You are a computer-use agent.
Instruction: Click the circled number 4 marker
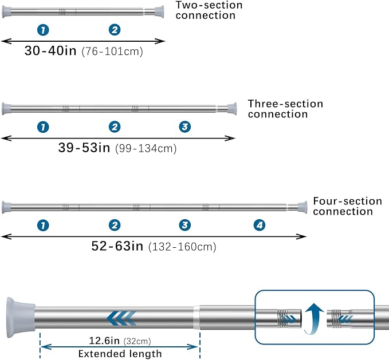coord(260,226)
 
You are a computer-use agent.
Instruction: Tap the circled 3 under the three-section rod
coord(185,127)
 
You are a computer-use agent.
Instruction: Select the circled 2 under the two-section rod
coord(115,30)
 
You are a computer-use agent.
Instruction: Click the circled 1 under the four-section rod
coord(43,226)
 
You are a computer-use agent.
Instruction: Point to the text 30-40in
coord(50,50)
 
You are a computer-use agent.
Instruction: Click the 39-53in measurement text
coord(84,148)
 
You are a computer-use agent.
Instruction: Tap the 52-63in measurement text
coord(117,246)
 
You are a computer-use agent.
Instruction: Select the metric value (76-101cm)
coord(112,52)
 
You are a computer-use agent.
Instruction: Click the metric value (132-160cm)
coord(182,247)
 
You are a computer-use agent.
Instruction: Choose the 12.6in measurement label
coord(104,341)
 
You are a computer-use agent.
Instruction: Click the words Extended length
coord(120,354)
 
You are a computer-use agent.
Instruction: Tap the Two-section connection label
coord(209,10)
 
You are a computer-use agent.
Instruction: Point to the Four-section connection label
coord(347,206)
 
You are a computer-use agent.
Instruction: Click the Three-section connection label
coord(285,109)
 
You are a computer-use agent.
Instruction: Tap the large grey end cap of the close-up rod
coord(21,318)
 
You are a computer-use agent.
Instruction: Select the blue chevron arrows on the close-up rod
coord(121,318)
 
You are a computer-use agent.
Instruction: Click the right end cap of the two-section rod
coord(159,11)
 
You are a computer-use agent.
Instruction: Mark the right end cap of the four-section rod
coord(302,208)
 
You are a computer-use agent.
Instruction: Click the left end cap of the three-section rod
coord(6,109)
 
